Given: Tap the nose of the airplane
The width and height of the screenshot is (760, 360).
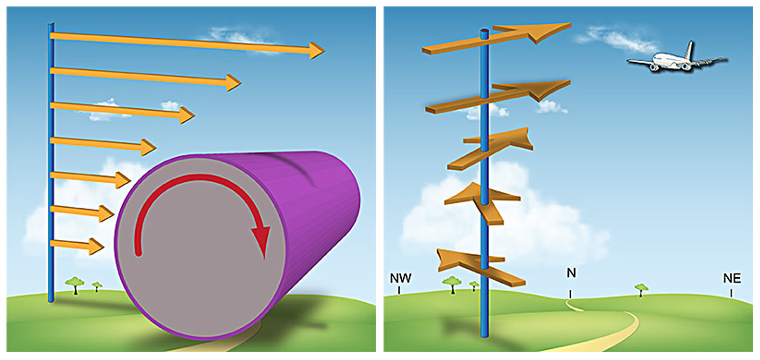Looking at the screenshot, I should (630, 62).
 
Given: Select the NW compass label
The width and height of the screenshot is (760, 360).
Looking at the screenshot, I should (400, 278).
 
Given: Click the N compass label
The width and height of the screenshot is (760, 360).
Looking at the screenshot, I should (571, 273).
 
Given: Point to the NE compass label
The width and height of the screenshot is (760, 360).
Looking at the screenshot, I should (732, 278).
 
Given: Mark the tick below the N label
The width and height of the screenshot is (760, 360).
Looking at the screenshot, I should (571, 294).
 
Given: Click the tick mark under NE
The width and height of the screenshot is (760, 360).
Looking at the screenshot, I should (731, 293).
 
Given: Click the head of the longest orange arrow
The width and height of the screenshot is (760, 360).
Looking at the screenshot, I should (317, 51).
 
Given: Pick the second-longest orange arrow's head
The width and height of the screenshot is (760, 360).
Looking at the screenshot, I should (233, 82).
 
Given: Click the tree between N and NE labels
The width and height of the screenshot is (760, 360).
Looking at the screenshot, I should (641, 288).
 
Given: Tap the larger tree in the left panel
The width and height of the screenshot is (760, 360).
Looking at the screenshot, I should (74, 283).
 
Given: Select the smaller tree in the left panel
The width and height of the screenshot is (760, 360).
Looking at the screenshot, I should (97, 285).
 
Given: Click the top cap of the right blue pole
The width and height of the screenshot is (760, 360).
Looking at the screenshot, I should (484, 32).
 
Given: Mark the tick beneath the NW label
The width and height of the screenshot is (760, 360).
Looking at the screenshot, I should (399, 290).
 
